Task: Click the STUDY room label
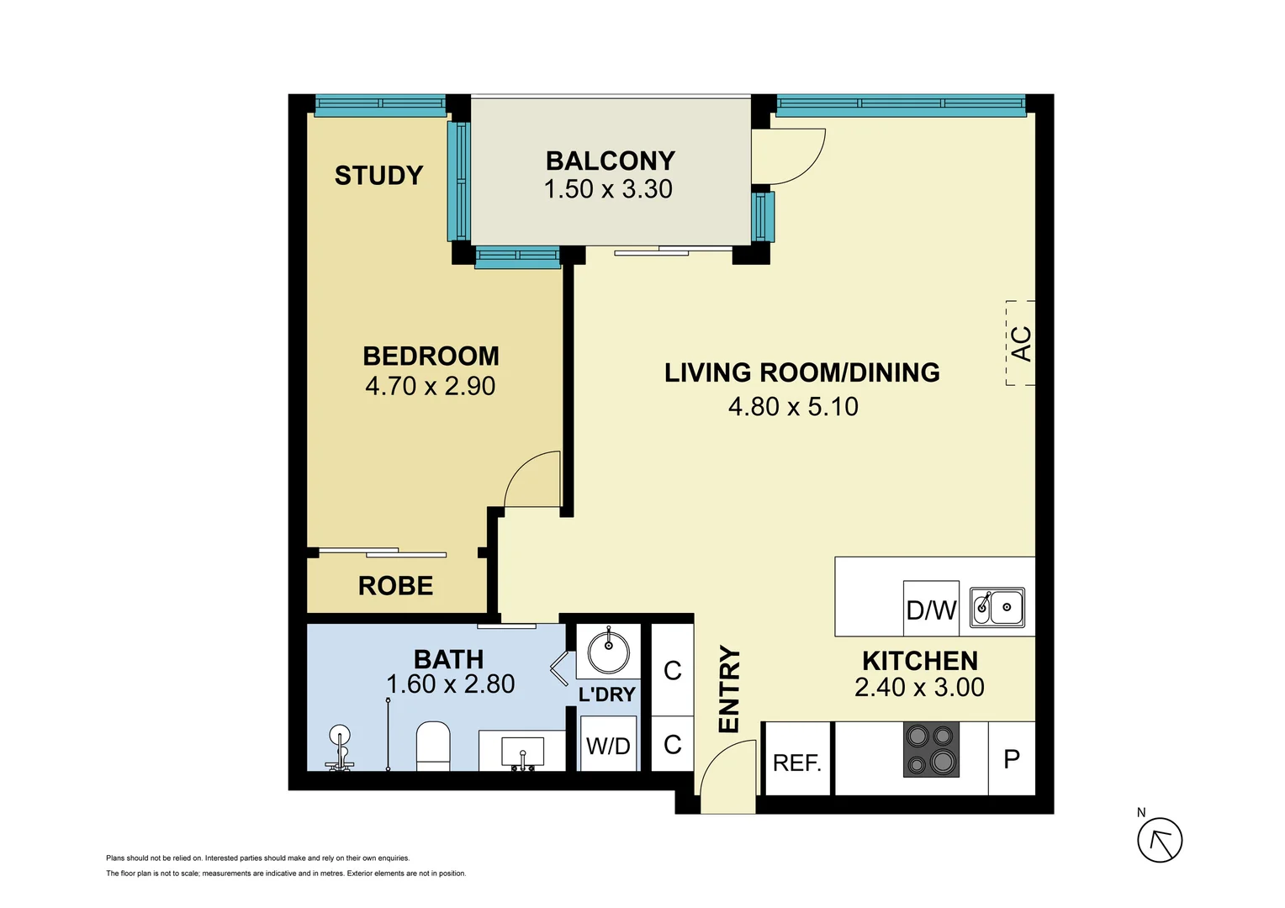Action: coord(378,176)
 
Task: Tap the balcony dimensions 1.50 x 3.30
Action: coord(608,189)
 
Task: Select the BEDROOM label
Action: coord(431,356)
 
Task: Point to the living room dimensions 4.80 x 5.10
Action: coord(793,407)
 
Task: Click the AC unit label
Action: coord(1020,343)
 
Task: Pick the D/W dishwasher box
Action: coord(931,609)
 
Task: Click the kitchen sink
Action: coord(997,607)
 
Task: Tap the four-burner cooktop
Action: coord(931,749)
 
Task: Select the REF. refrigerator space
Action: coord(797,762)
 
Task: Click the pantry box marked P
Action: coord(1012,758)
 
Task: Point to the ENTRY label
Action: coord(728,689)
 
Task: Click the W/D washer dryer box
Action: coord(608,745)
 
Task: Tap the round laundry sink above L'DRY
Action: coord(608,652)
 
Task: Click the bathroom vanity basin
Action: coord(522,751)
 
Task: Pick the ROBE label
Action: coord(395,586)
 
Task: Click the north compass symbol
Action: coord(1160,839)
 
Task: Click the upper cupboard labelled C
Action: coord(672,671)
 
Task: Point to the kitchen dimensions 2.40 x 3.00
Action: coord(919,688)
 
